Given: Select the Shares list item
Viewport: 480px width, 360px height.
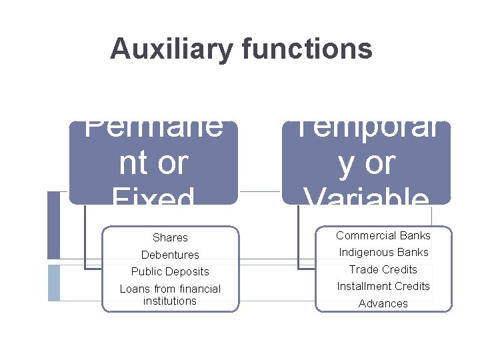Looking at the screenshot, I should tap(170, 237).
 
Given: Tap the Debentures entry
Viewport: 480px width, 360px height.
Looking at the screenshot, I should tap(170, 255).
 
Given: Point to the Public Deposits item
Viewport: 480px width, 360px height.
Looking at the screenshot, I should tap(170, 271).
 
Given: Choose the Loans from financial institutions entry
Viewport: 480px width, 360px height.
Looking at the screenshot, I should tap(170, 295).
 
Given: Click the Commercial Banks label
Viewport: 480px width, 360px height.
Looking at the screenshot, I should tap(383, 235).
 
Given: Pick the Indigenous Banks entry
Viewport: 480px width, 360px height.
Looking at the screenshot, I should tap(383, 252).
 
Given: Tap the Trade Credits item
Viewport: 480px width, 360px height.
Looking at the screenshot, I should tap(383, 269).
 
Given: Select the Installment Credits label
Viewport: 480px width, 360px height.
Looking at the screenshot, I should tap(383, 286).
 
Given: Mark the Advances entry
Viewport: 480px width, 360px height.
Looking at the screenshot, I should tap(383, 303).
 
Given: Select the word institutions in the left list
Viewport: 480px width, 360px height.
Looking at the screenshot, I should tap(170, 301).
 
